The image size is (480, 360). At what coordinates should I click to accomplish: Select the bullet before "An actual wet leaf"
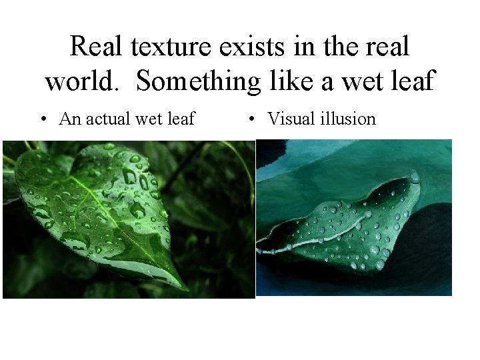coord(43,120)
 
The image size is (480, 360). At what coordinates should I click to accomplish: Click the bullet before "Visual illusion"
coord(252,120)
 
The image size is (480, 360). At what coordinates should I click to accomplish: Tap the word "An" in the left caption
coord(69,119)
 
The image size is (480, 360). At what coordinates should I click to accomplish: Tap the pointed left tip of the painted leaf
coord(260,251)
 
